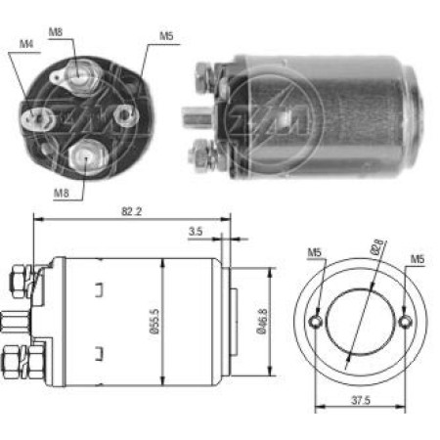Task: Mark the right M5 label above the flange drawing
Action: pyautogui.click(x=418, y=259)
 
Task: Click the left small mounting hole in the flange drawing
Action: pyautogui.click(x=315, y=322)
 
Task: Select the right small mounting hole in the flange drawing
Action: pyautogui.click(x=406, y=322)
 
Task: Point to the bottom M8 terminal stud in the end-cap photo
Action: pyautogui.click(x=84, y=154)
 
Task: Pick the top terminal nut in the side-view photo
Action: pyautogui.click(x=204, y=73)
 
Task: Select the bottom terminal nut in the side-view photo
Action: pyautogui.click(x=204, y=154)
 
